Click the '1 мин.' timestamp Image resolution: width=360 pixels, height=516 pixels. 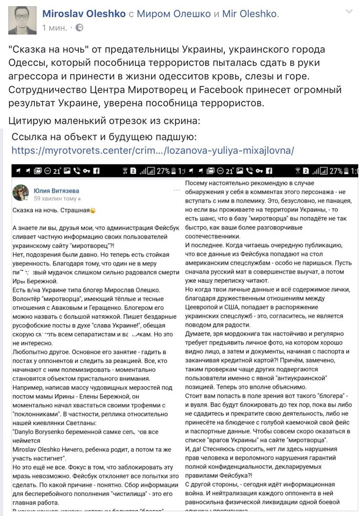pyautogui.click(x=54, y=28)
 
